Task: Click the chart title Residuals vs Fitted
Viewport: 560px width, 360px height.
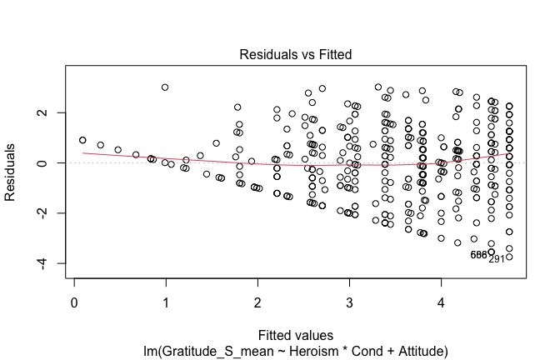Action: point(296,54)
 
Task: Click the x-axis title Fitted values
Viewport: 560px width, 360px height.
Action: point(295,332)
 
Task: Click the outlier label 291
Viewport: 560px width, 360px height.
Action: point(497,259)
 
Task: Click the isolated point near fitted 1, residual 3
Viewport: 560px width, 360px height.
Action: point(165,87)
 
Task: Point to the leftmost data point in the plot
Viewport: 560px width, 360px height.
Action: point(82,141)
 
